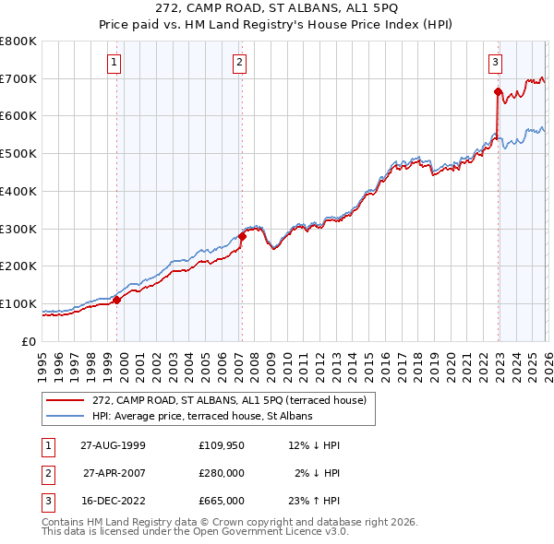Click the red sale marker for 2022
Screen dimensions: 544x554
coord(498,91)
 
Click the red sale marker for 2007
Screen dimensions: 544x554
coord(242,236)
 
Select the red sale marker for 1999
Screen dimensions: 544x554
coord(117,300)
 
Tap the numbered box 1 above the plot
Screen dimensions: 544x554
coord(114,63)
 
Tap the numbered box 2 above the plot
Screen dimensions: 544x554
coord(239,63)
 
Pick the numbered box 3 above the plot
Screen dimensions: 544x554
coord(495,63)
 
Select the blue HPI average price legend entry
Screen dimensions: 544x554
coord(202,416)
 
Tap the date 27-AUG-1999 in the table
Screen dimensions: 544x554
coord(113,445)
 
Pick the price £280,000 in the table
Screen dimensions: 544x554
coord(222,473)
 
